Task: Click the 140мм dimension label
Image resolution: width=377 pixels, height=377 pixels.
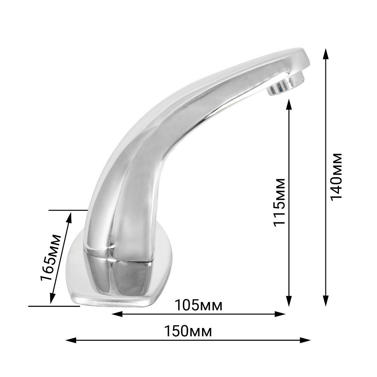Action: click(336, 176)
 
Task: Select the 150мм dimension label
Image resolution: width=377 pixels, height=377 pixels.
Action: click(188, 331)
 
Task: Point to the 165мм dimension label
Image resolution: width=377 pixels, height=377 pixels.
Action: click(51, 257)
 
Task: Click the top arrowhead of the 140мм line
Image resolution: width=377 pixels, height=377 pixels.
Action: click(326, 54)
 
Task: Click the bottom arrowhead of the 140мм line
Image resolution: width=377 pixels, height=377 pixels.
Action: click(326, 301)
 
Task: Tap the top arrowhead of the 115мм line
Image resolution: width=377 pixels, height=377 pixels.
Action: click(289, 104)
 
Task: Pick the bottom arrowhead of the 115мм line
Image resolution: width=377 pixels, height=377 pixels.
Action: click(289, 301)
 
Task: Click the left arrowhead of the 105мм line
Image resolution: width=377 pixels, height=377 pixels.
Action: click(117, 314)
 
